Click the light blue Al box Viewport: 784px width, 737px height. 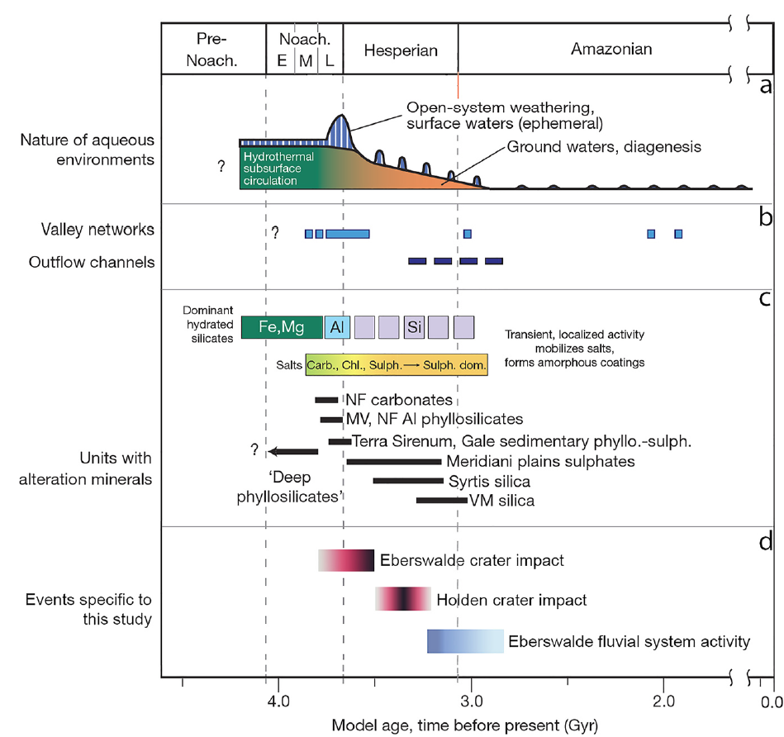pos(336,327)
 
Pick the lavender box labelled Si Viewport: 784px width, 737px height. pos(414,327)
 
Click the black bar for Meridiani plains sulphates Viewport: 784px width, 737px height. pos(393,461)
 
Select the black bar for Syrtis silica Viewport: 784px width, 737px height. pos(408,481)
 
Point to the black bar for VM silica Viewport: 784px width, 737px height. pos(441,501)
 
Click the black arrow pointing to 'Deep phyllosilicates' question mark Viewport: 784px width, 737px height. pos(293,451)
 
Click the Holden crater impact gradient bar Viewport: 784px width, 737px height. pos(402,599)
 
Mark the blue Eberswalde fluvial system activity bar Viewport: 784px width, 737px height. pos(465,641)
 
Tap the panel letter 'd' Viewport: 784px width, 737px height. pos(765,542)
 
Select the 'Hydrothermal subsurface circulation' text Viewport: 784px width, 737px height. pos(269,168)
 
